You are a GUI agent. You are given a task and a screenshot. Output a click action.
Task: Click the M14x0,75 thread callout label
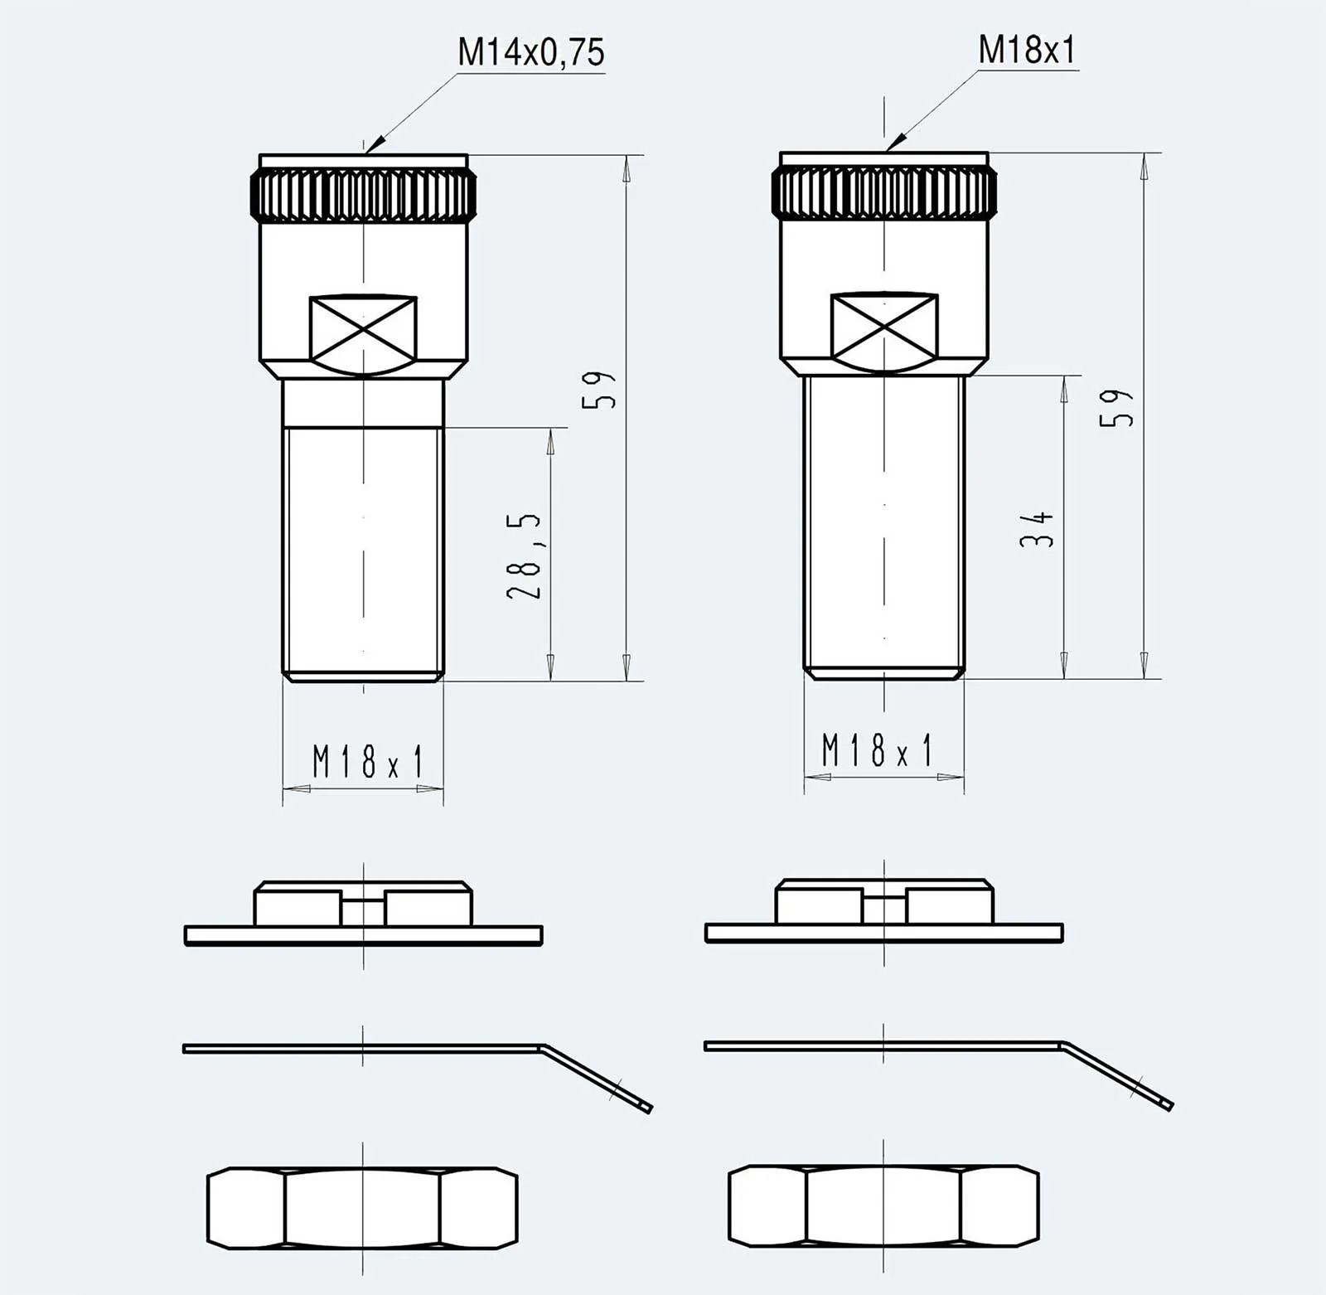531,52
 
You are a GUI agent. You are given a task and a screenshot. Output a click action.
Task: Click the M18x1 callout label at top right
1027,50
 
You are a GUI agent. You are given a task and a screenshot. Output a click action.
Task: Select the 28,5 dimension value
525,555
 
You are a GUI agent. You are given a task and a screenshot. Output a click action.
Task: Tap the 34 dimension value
1037,529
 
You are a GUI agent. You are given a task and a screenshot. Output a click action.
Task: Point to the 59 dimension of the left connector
599,389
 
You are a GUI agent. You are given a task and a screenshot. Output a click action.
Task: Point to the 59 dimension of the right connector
1116,408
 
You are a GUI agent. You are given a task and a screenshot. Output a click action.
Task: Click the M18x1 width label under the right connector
877,750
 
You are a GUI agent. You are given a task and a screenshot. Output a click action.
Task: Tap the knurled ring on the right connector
884,192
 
